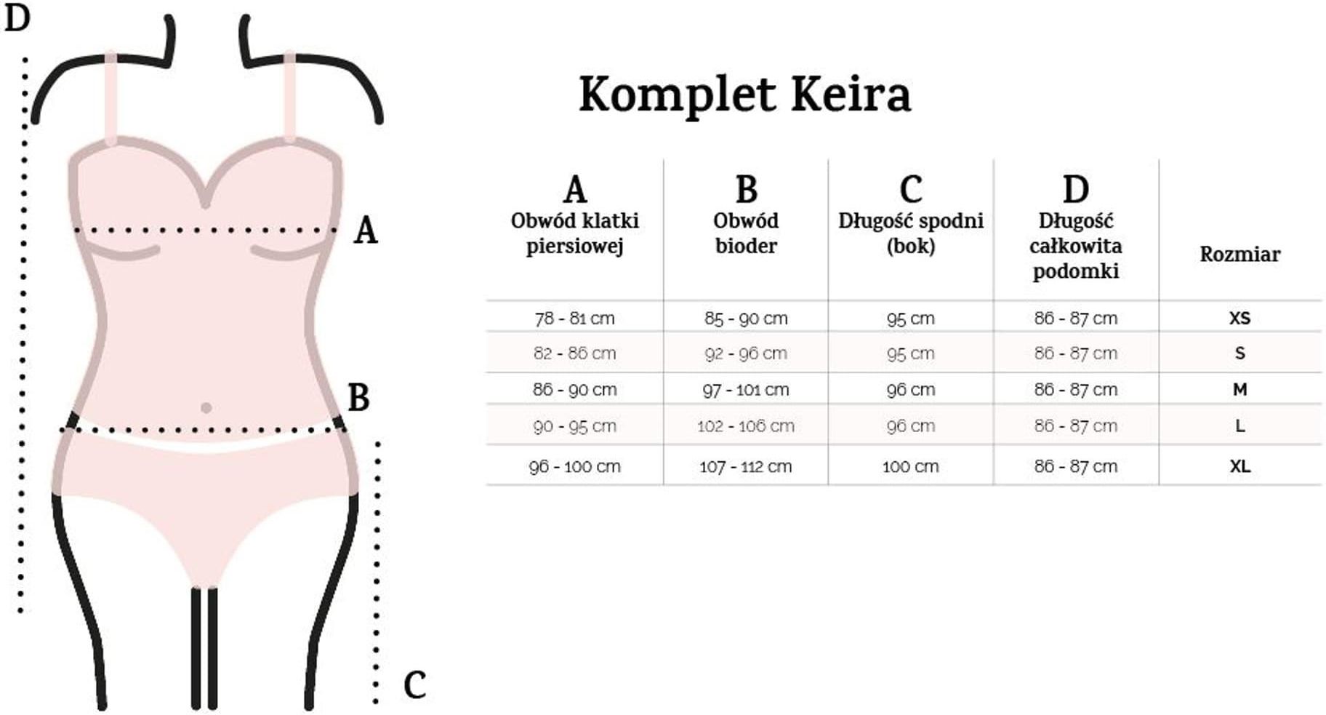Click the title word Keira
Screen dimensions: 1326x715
click(850, 95)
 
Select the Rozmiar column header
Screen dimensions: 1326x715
click(1239, 255)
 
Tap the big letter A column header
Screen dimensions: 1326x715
click(575, 190)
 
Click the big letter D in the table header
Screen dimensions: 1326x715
click(1076, 190)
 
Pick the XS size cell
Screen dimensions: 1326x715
click(1239, 318)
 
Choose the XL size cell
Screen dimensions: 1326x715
click(1239, 466)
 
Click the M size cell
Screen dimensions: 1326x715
click(1239, 389)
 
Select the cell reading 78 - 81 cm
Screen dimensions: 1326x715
click(574, 319)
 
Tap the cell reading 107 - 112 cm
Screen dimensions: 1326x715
click(745, 467)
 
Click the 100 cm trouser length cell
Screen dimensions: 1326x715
click(910, 467)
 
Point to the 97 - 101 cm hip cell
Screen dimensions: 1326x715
click(745, 390)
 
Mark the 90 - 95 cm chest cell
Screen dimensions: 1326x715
click(574, 426)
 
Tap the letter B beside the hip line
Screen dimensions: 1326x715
click(358, 398)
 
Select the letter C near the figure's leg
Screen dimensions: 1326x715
click(414, 685)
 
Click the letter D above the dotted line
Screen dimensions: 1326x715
click(17, 17)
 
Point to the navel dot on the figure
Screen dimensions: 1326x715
click(206, 408)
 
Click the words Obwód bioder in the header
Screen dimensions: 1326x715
click(746, 233)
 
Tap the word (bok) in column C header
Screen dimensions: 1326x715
click(910, 246)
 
